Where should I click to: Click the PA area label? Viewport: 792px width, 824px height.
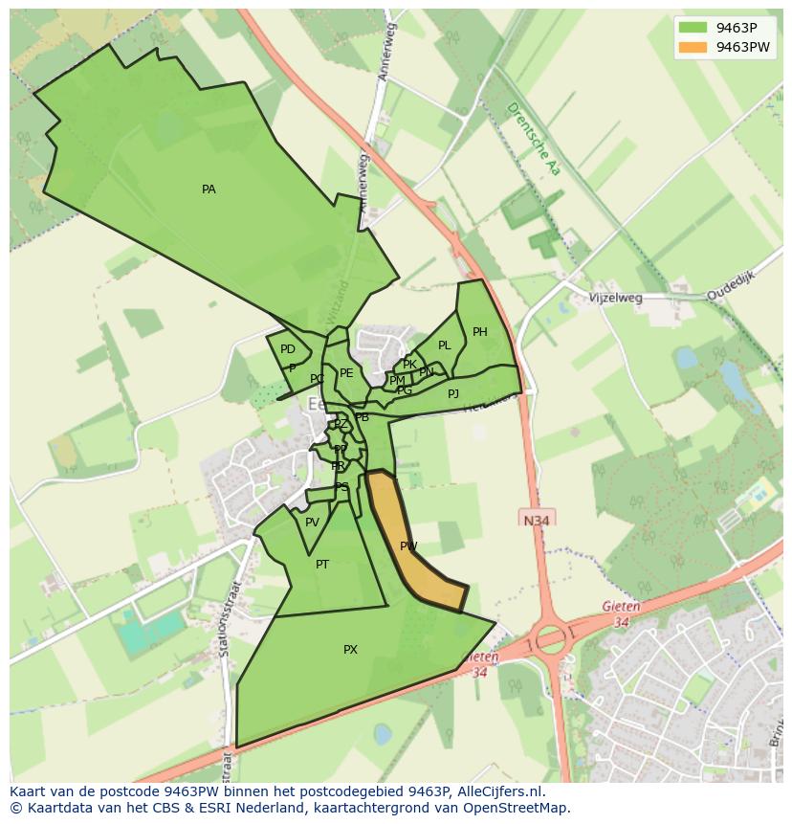pyautogui.click(x=209, y=189)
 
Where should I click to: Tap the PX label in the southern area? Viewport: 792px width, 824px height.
pyautogui.click(x=350, y=650)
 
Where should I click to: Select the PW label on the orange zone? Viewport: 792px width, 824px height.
pyautogui.click(x=408, y=546)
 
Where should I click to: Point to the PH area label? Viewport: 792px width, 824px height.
pyautogui.click(x=479, y=332)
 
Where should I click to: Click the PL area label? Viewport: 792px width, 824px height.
pyautogui.click(x=444, y=345)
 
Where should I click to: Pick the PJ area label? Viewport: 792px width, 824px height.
pyautogui.click(x=452, y=393)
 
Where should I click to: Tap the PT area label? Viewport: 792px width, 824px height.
pyautogui.click(x=322, y=565)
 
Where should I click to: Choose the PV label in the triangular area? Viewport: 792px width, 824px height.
pyautogui.click(x=312, y=523)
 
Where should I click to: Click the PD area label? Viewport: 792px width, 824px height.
pyautogui.click(x=288, y=349)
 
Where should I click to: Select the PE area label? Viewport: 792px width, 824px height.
pyautogui.click(x=346, y=373)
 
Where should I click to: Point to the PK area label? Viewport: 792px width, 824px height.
pyautogui.click(x=409, y=365)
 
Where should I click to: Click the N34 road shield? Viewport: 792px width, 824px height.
pyautogui.click(x=538, y=520)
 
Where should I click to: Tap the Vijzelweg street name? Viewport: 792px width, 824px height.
pyautogui.click(x=616, y=298)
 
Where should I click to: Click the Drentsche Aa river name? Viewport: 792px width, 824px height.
pyautogui.click(x=532, y=139)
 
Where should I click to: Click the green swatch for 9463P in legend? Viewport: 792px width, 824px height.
pyautogui.click(x=693, y=27)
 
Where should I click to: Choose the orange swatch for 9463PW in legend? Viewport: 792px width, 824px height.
pyautogui.click(x=693, y=47)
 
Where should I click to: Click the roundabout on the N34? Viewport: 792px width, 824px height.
pyautogui.click(x=551, y=638)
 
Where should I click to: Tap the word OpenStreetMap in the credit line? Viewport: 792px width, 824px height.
pyautogui.click(x=513, y=808)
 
